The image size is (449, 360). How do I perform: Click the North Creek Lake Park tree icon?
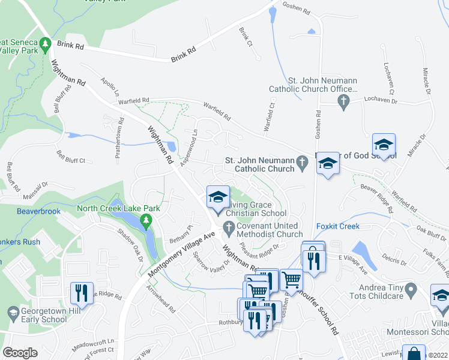[145, 222]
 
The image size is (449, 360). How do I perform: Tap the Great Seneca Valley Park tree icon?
[45, 45]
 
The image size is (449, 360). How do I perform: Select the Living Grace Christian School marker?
[218, 197]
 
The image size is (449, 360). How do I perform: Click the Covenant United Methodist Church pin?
[228, 226]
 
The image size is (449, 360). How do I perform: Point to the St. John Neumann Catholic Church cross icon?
[304, 161]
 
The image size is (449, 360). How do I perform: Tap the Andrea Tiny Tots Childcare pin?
[411, 291]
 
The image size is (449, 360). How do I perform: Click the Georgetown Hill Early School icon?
[13, 312]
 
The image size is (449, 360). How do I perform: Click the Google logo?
[20, 353]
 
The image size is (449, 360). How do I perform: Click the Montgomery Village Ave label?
[181, 254]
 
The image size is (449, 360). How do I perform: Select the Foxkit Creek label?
[338, 226]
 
